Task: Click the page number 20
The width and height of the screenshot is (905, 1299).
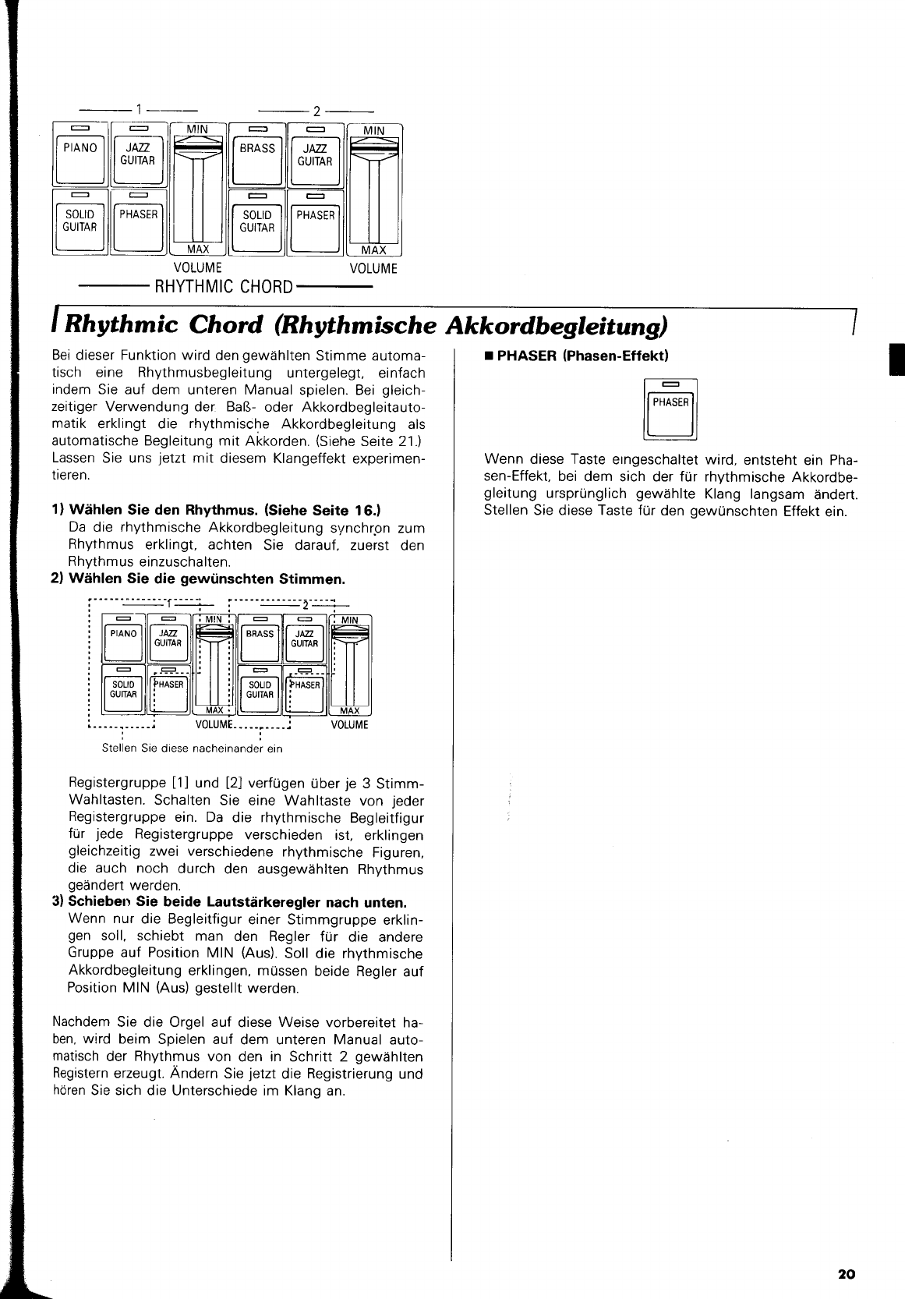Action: pyautogui.click(x=846, y=1274)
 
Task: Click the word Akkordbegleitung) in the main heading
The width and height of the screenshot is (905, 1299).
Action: pyautogui.click(x=555, y=325)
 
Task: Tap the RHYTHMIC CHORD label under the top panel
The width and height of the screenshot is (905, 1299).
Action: pyautogui.click(x=224, y=286)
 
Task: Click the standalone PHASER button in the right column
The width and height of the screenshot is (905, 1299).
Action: pyautogui.click(x=670, y=410)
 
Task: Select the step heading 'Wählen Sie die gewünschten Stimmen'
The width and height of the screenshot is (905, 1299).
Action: pyautogui.click(x=198, y=579)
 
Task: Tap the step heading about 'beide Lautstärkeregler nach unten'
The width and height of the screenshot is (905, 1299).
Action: pyautogui.click(x=229, y=902)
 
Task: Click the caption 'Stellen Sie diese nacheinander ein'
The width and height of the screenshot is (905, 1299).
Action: pyautogui.click(x=193, y=749)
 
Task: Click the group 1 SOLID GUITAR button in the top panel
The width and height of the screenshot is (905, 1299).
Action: pyautogui.click(x=80, y=222)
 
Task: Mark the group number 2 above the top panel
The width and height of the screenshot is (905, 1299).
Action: pyautogui.click(x=316, y=110)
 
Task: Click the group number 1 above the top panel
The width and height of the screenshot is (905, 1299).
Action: pyautogui.click(x=138, y=109)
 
